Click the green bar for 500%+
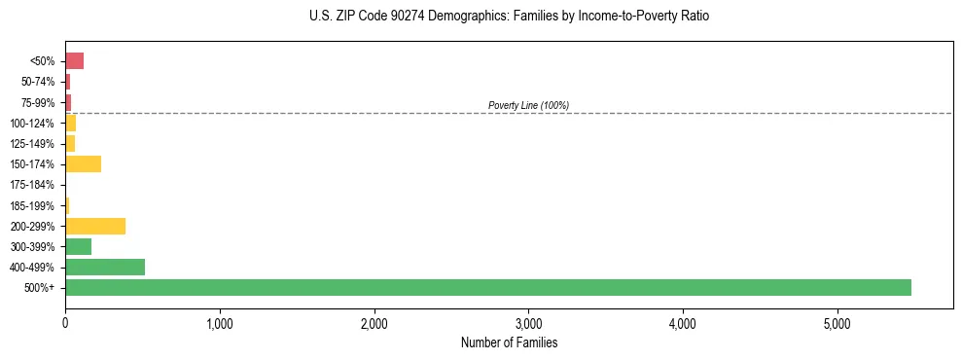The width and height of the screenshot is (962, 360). [487, 287]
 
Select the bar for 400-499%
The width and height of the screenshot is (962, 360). [105, 267]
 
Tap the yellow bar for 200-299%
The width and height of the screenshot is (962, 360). [95, 226]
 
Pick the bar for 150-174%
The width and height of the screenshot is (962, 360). [83, 163]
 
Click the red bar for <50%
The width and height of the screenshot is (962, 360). [74, 60]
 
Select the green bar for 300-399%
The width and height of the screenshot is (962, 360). [78, 246]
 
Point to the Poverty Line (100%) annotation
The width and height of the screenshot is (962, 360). [528, 105]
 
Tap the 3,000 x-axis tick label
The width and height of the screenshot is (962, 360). [528, 323]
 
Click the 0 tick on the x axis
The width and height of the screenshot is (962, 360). [65, 323]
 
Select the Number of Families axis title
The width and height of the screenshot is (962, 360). [509, 342]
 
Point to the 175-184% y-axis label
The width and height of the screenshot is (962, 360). [32, 185]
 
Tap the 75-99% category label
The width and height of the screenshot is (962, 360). [37, 102]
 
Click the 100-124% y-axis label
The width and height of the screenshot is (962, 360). [32, 123]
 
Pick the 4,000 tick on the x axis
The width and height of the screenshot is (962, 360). [683, 323]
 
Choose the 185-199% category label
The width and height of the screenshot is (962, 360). [32, 205]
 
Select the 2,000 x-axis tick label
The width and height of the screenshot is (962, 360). [374, 323]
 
